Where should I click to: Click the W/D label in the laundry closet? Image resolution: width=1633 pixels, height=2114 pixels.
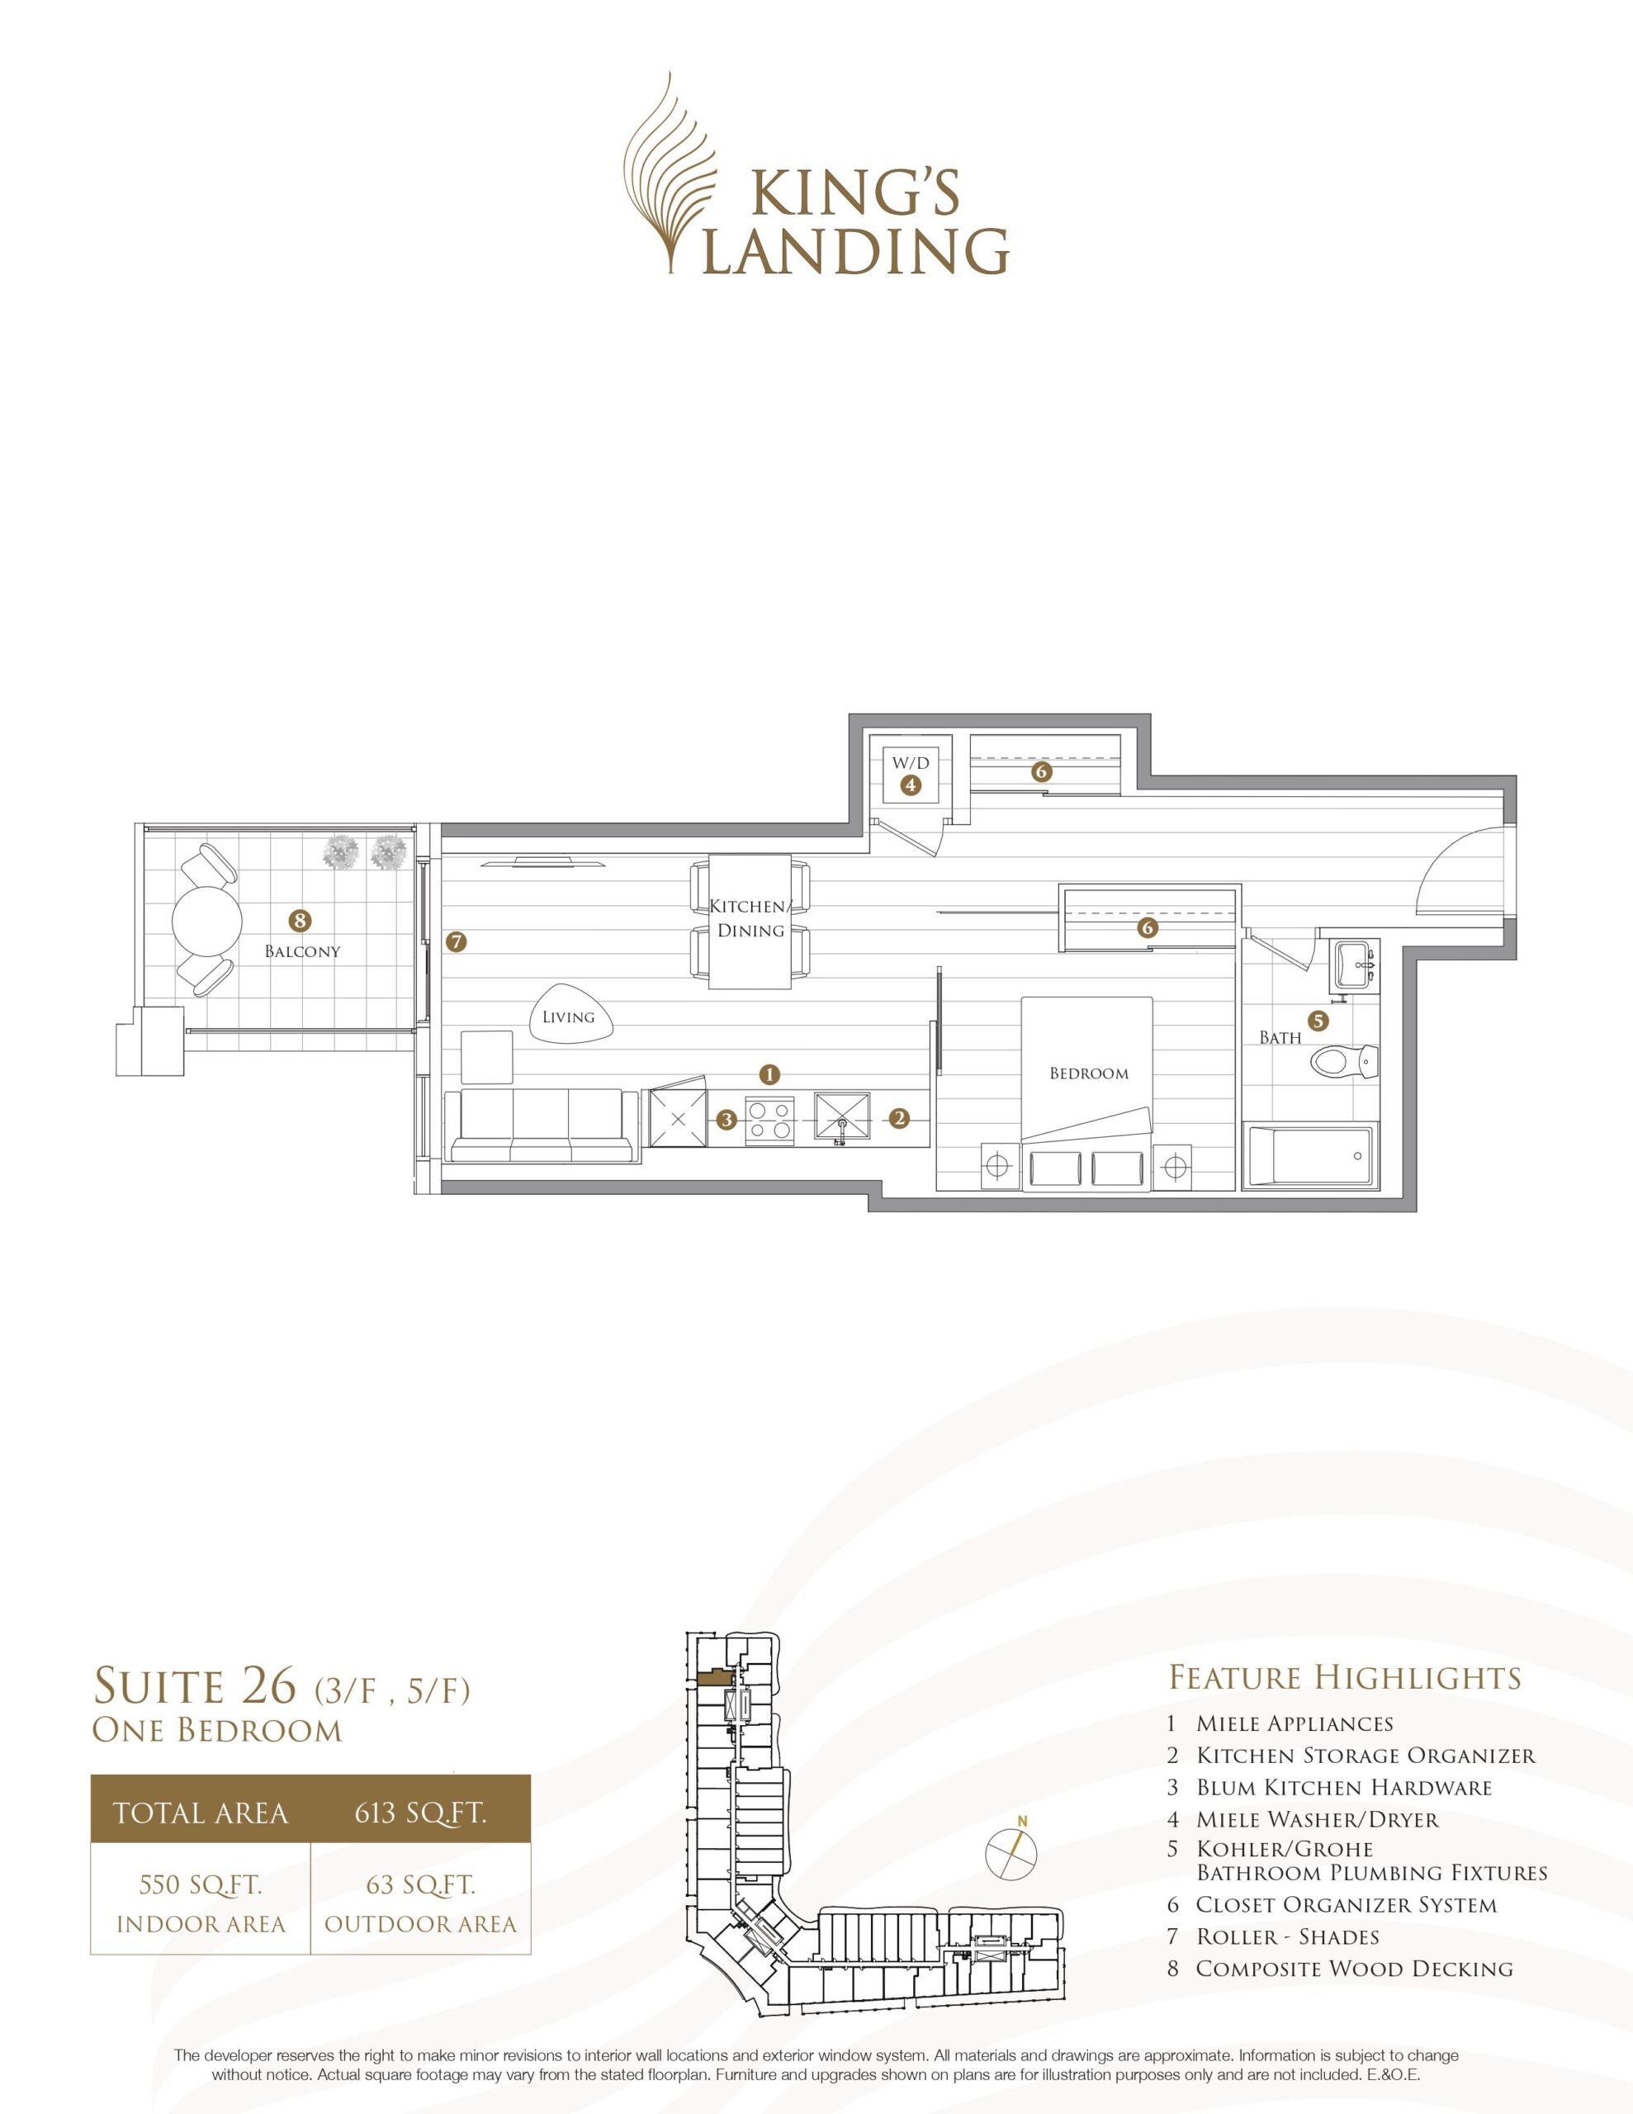coord(910,764)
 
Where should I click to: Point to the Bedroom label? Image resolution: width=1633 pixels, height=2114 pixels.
coord(1089,1074)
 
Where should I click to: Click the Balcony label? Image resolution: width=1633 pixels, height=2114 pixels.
coord(303,951)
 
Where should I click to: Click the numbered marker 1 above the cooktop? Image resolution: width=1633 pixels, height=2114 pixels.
coord(769,1073)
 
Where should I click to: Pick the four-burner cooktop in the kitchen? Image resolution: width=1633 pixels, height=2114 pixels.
coord(770,1120)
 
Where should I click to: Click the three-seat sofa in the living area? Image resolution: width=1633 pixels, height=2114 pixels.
coord(542,1125)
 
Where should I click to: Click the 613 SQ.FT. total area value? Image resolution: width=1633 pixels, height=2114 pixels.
coord(419,1812)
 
